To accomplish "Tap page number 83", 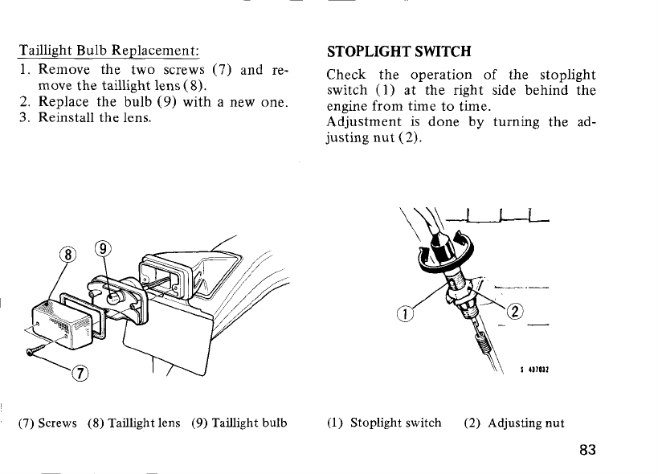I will click(x=586, y=449).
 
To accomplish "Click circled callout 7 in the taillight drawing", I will click(x=82, y=372).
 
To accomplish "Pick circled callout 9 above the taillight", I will click(x=102, y=249).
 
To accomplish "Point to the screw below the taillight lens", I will click(x=39, y=350).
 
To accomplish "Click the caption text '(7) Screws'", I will click(x=47, y=422).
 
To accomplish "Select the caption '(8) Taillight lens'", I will click(x=133, y=422).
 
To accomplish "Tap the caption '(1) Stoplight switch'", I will click(x=384, y=422).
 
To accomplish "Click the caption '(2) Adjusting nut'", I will click(x=514, y=422).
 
